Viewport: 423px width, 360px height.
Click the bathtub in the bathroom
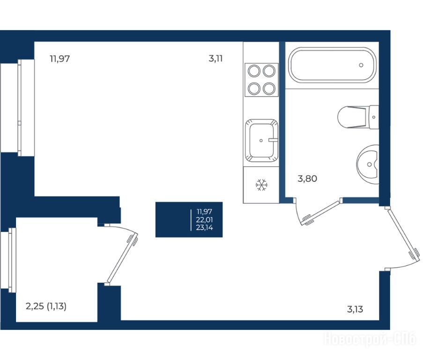(332, 65)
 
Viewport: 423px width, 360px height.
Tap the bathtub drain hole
(361, 65)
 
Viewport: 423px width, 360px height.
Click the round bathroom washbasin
(368, 164)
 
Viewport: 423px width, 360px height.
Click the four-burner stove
(261, 80)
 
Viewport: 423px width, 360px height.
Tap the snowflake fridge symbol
(261, 185)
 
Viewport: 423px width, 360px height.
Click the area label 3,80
(307, 179)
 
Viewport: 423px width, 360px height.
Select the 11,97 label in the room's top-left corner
(60, 59)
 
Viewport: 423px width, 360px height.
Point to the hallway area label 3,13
(355, 309)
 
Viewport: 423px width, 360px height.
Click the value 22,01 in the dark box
(205, 220)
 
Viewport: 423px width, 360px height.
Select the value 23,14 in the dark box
(205, 227)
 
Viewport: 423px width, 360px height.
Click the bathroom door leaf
(320, 213)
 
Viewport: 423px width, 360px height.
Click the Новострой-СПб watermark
(370, 339)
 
